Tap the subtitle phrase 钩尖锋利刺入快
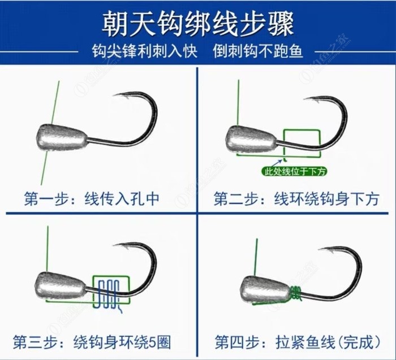[144, 51]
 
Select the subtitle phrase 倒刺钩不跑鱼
[257, 51]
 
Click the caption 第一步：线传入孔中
[92, 199]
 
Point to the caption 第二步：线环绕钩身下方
[296, 199]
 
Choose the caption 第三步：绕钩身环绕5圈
[92, 342]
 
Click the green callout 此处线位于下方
[294, 172]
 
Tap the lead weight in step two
[252, 139]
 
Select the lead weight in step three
[61, 287]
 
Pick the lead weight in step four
[265, 290]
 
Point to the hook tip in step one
[114, 95]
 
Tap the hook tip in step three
[114, 245]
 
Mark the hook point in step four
[320, 249]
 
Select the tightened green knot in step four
[296, 294]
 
